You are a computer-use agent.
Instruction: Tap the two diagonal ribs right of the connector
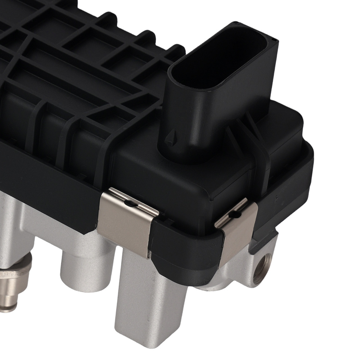252,126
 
